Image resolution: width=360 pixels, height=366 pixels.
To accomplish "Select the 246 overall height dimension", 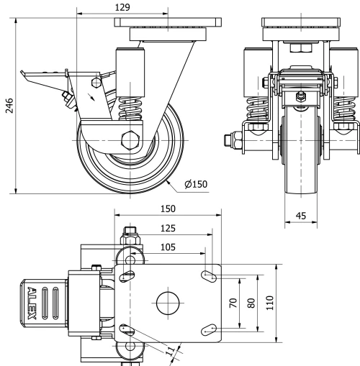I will (8, 106).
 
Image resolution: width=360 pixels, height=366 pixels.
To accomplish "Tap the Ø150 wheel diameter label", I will (196, 184).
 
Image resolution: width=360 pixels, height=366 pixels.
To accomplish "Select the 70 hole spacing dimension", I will (233, 303).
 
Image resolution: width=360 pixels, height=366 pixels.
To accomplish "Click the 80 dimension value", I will (251, 303).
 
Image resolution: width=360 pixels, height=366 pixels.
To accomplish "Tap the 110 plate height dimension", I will (269, 303).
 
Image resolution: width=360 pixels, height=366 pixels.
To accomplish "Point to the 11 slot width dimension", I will (169, 352).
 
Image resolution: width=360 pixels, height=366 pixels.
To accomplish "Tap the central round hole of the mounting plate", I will (166, 301).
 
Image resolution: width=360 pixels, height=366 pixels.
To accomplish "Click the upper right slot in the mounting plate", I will (211, 275).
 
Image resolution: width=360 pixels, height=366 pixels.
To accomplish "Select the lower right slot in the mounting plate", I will (211, 328).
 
